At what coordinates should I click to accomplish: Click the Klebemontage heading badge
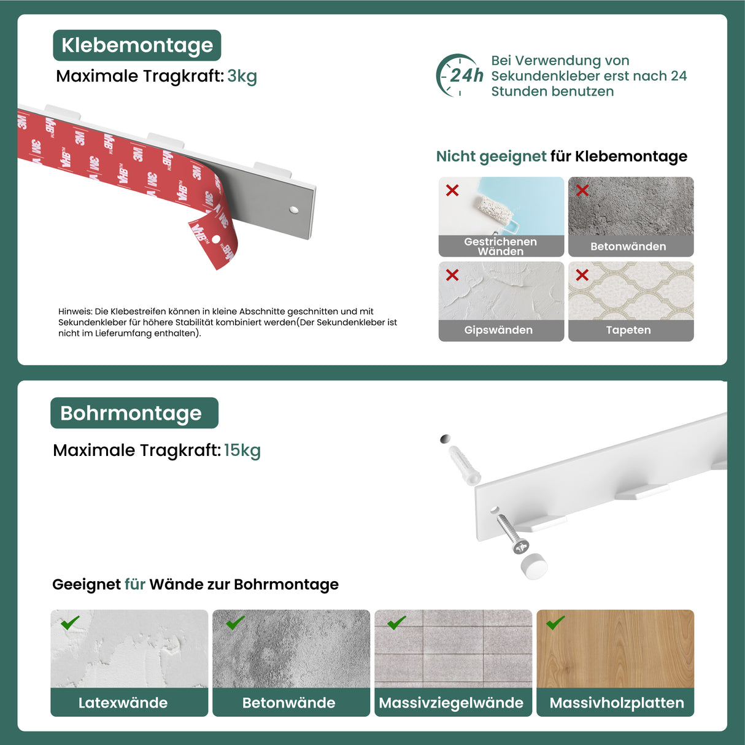[x=137, y=45]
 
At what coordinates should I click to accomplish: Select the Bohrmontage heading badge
[x=134, y=413]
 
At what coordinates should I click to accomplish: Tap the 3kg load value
[x=242, y=76]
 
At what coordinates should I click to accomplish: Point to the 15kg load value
[x=242, y=450]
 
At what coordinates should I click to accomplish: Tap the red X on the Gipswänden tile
[x=452, y=275]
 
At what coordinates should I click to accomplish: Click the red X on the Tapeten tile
[x=582, y=275]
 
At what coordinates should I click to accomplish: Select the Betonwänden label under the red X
[x=628, y=247]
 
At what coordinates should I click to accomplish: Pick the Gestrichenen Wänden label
[x=500, y=246]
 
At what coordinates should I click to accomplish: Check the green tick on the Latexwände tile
[x=70, y=623]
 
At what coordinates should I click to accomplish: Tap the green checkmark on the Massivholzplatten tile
[x=555, y=623]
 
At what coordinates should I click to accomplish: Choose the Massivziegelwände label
[x=451, y=703]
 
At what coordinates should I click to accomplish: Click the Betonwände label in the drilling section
[x=288, y=703]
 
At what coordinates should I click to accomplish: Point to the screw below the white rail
[x=512, y=533]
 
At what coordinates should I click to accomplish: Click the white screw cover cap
[x=534, y=565]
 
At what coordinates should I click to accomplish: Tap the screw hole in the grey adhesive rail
[x=294, y=210]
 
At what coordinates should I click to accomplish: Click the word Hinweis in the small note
[x=75, y=312]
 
